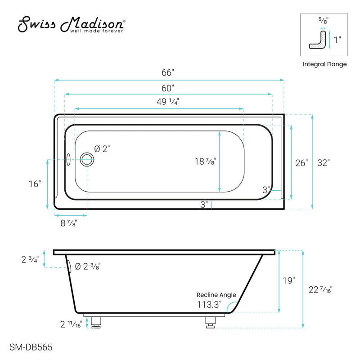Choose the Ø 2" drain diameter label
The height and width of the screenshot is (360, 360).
tap(102, 149)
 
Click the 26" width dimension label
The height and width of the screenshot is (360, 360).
tap(301, 162)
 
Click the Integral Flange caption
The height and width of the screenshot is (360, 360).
tap(324, 64)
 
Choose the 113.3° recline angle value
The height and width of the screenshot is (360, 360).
tap(209, 305)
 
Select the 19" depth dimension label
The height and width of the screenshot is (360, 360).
tap(288, 281)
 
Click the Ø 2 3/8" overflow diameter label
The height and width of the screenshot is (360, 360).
tap(87, 266)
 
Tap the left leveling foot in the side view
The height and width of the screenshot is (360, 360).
tap(95, 322)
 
